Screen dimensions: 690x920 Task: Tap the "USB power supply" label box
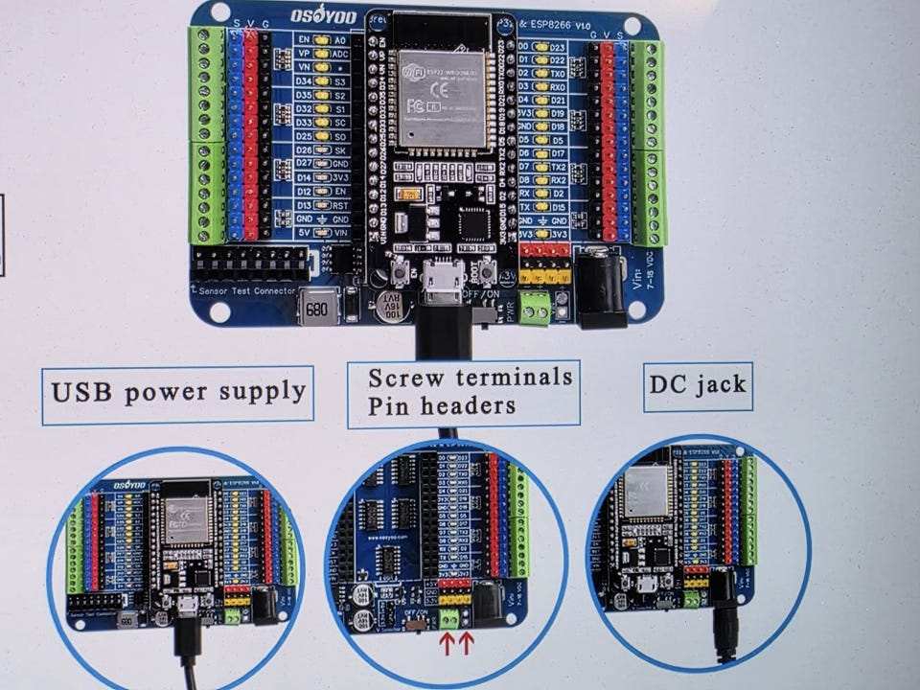coord(179,392)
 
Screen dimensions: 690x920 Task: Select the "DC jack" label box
coord(697,386)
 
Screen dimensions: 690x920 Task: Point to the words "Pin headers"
coord(442,406)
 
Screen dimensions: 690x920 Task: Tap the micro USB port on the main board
coord(444,280)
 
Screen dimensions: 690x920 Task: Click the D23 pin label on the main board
coord(561,46)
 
